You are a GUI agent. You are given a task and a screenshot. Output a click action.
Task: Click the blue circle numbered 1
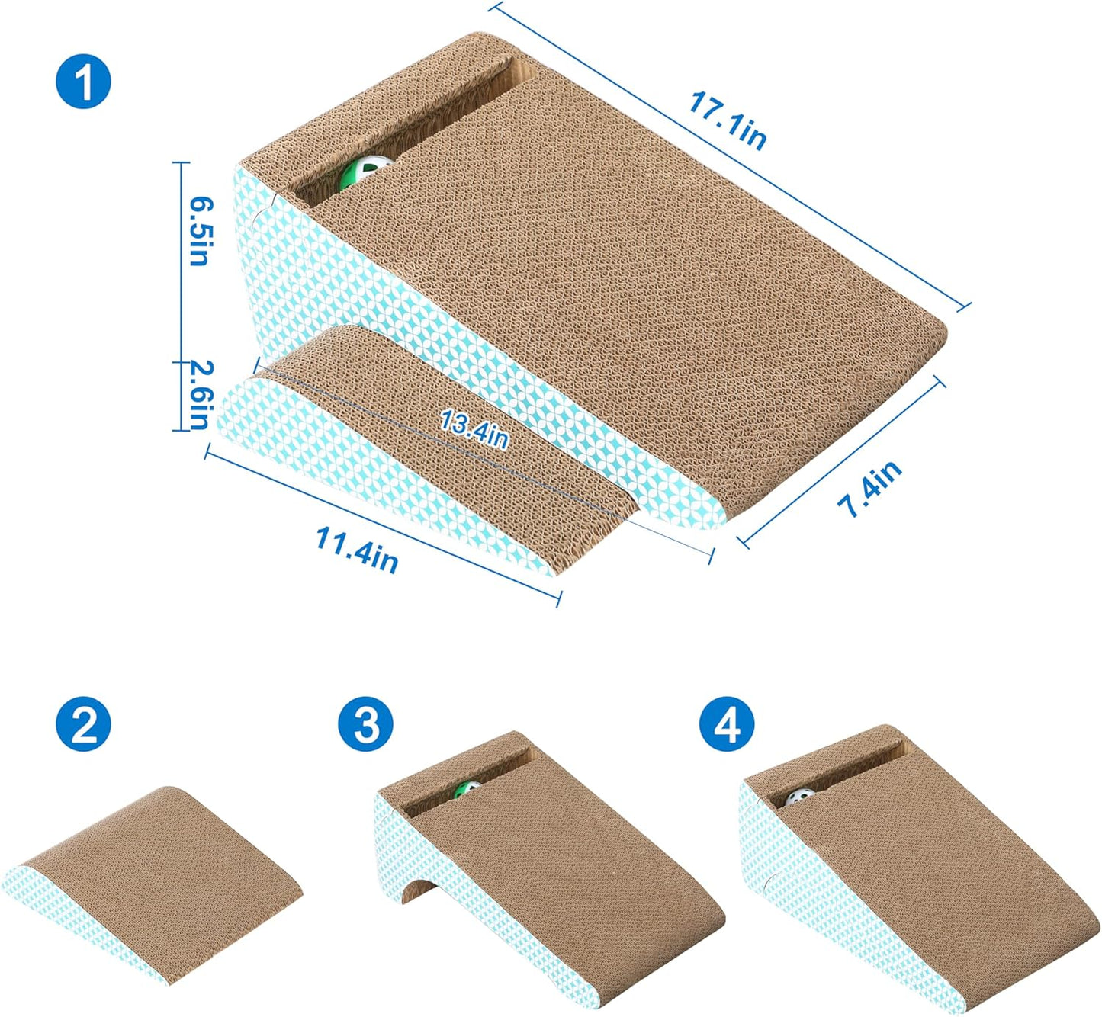point(83,81)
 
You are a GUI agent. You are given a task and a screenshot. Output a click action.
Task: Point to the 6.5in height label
point(201,231)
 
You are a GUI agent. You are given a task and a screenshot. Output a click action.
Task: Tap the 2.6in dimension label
point(198,394)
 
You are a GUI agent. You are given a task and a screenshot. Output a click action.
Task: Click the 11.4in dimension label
point(358,550)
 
